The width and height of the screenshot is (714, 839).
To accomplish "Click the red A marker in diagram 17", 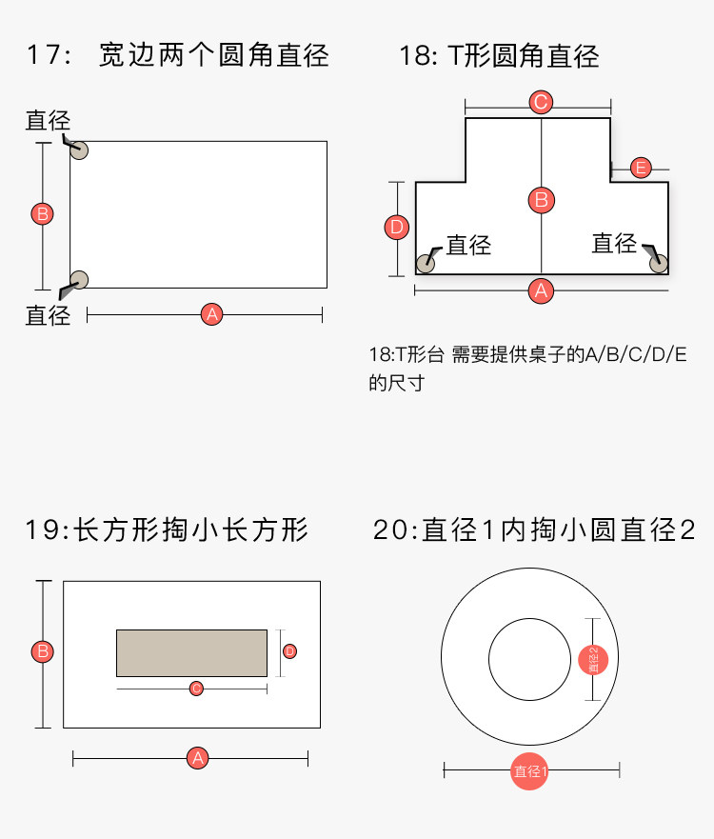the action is [x=211, y=314].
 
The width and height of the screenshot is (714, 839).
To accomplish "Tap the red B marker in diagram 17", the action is [x=42, y=213].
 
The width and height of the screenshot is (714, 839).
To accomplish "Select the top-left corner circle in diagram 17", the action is [x=79, y=150].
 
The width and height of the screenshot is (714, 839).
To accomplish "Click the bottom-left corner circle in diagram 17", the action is [x=79, y=279].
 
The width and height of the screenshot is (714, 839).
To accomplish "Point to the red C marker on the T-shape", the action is [x=541, y=102].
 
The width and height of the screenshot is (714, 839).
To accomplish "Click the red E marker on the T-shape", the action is [x=641, y=169].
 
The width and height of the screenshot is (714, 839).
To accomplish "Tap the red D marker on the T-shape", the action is [x=397, y=227].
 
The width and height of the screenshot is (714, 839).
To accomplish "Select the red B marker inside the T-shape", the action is [x=541, y=200].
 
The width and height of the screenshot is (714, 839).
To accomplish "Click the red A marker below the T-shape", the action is [x=541, y=290].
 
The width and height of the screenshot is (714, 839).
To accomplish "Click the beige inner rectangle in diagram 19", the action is [x=191, y=652].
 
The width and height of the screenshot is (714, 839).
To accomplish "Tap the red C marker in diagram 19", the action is [x=196, y=688].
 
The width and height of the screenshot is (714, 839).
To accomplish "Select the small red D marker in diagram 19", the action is [x=289, y=651].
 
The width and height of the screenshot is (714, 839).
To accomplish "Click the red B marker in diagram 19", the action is [x=42, y=652].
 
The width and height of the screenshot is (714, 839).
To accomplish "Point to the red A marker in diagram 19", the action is [x=198, y=758].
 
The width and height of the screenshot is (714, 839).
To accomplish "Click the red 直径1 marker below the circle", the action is [x=530, y=771].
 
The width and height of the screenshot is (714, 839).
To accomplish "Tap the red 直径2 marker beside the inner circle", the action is [x=593, y=659].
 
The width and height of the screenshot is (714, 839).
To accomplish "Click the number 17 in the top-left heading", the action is [x=43, y=55].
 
